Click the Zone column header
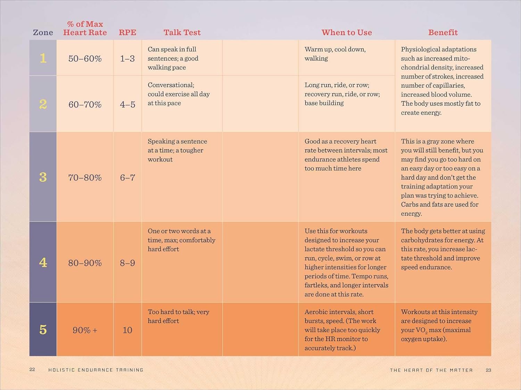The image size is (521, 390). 43,33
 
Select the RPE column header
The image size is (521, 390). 127,33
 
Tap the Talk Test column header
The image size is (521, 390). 182,33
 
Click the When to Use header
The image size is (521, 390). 347,33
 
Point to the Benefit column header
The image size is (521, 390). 443,33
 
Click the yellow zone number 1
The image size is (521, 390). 43,58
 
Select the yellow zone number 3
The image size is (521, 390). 43,177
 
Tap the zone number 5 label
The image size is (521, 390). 43,330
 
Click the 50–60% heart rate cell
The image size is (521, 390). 85,59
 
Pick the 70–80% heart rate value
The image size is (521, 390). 85,177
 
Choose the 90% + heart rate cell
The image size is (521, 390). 85,330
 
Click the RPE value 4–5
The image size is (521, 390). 127,104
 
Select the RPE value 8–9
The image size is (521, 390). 127,263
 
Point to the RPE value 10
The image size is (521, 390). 127,330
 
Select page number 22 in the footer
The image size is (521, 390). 32,370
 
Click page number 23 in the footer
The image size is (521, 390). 488,370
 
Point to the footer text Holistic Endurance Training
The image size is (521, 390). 96,370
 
